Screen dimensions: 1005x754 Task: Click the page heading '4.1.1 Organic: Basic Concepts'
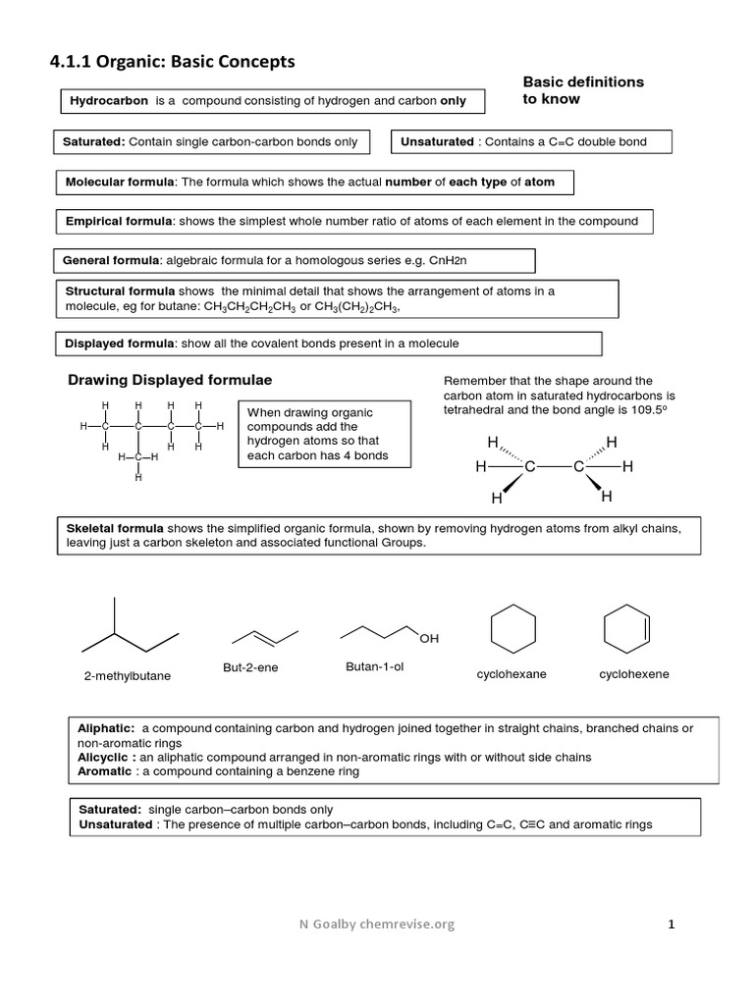click(172, 63)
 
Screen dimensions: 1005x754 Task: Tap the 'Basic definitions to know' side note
click(583, 90)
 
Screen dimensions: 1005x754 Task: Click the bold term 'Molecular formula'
click(120, 183)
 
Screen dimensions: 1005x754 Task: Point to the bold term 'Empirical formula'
click(119, 221)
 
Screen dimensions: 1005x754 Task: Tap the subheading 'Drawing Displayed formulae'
click(170, 380)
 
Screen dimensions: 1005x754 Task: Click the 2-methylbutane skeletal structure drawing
click(130, 627)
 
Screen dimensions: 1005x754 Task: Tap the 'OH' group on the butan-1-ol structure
click(429, 639)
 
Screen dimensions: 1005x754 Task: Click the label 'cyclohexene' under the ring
click(633, 674)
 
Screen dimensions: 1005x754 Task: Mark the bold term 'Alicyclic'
click(105, 758)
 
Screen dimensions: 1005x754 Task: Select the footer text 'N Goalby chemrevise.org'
click(378, 924)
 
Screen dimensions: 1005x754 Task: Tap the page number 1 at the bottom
click(672, 924)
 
